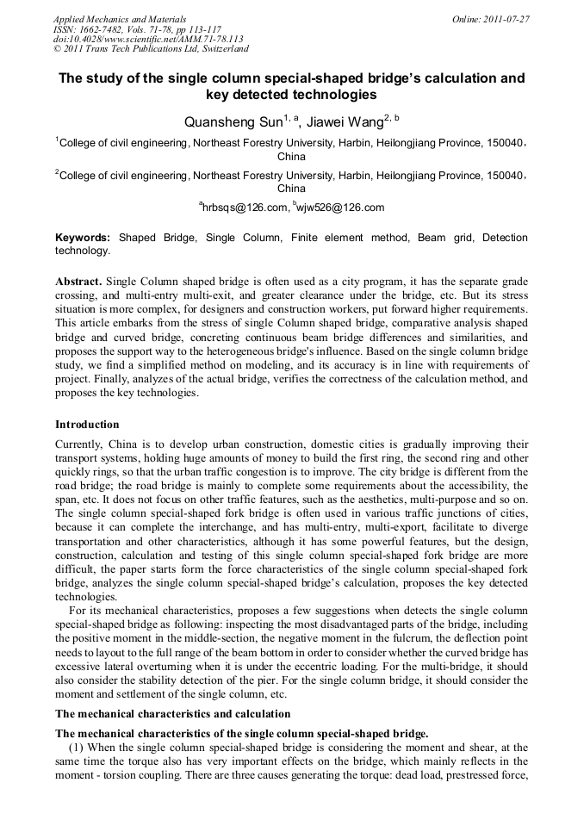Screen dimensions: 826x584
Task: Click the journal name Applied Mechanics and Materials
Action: pos(119,19)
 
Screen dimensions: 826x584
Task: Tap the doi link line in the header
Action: pos(148,39)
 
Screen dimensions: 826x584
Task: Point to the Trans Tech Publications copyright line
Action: pos(151,48)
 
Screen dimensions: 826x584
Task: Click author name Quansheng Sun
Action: pos(233,122)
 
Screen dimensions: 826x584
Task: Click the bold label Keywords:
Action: pos(83,237)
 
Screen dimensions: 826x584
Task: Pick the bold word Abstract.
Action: pos(78,283)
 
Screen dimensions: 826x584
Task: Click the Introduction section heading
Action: pos(87,425)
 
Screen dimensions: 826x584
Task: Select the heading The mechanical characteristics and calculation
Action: pos(172,714)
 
